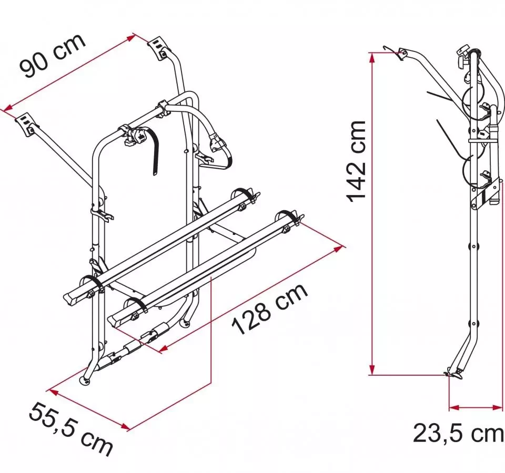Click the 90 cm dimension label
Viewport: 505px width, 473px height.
(x=53, y=55)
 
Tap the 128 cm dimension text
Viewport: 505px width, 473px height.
(x=270, y=310)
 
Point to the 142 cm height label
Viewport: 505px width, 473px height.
(x=356, y=161)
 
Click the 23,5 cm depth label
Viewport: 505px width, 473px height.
(x=459, y=433)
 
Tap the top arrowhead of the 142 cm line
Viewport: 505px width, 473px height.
(x=372, y=57)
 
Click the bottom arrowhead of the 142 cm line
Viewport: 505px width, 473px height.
(x=372, y=370)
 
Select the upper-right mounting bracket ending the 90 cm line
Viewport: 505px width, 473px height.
(x=158, y=48)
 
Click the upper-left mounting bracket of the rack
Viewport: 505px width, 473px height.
(x=26, y=124)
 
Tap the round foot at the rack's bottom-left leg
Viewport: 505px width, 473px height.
(x=85, y=380)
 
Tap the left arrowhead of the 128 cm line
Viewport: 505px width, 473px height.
(x=164, y=348)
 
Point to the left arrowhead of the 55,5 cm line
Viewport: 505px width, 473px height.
(x=53, y=393)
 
